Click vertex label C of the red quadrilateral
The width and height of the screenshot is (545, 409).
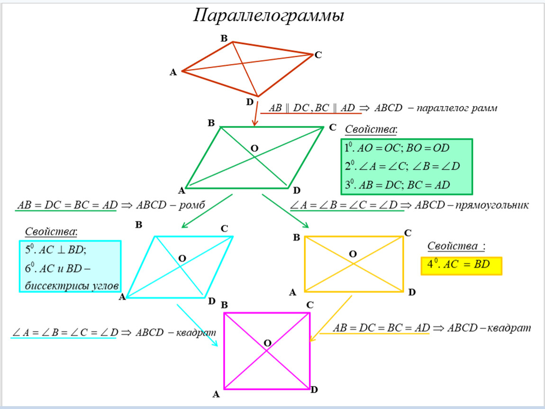[x=318, y=55]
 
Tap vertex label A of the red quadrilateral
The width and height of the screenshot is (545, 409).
[x=173, y=72]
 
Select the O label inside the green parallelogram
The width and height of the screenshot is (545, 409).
[x=254, y=149]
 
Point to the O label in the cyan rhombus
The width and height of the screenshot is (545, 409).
[x=182, y=258]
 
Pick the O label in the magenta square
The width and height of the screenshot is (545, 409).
[x=267, y=343]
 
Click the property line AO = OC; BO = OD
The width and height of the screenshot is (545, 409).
[x=397, y=149]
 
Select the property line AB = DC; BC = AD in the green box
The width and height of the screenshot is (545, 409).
[x=397, y=185]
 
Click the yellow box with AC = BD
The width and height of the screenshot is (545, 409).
[x=461, y=265]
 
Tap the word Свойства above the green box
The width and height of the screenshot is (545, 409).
[x=371, y=129]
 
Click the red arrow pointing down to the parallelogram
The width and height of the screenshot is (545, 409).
[x=255, y=114]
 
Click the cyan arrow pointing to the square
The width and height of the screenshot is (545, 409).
[x=197, y=325]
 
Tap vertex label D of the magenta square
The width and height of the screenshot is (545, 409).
[x=314, y=390]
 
